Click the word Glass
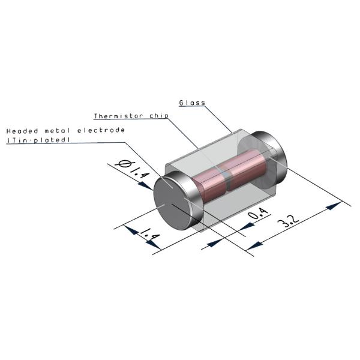(x=192, y=103)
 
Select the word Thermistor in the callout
(x=116, y=116)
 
